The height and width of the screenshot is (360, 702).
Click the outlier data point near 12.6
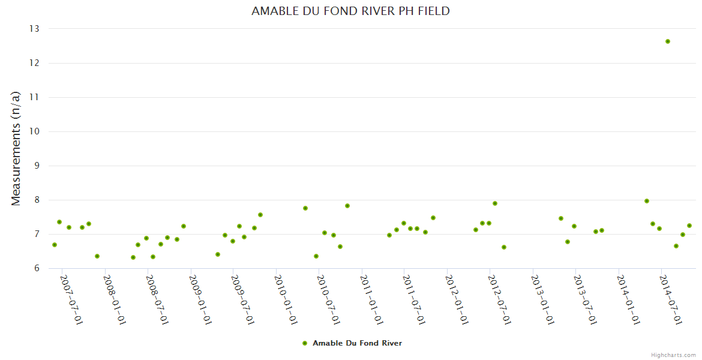pyautogui.click(x=667, y=41)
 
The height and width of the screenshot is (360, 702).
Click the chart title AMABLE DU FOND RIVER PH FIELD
pyautogui.click(x=350, y=11)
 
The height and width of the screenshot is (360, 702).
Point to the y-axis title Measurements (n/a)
pyautogui.click(x=16, y=148)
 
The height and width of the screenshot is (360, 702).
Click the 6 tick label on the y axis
pyautogui.click(x=36, y=268)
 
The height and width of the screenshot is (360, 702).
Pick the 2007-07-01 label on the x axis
pyautogui.click(x=71, y=299)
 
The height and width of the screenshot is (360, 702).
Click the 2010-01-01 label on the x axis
pyautogui.click(x=286, y=299)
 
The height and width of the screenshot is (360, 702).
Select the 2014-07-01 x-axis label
pyautogui.click(x=671, y=299)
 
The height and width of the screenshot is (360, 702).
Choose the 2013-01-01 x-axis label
pyautogui.click(x=542, y=299)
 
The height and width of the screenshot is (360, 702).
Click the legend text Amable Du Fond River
pyautogui.click(x=357, y=343)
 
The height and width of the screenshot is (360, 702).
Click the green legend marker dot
pyautogui.click(x=304, y=343)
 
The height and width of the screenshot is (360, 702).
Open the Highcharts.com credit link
pyautogui.click(x=673, y=355)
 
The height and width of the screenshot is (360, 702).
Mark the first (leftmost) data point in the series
pyautogui.click(x=55, y=245)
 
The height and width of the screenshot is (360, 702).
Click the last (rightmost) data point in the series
pyautogui.click(x=689, y=226)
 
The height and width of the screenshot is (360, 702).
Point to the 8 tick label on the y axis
pyautogui.click(x=36, y=200)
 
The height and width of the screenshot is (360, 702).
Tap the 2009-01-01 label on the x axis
pyautogui.click(x=200, y=299)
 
